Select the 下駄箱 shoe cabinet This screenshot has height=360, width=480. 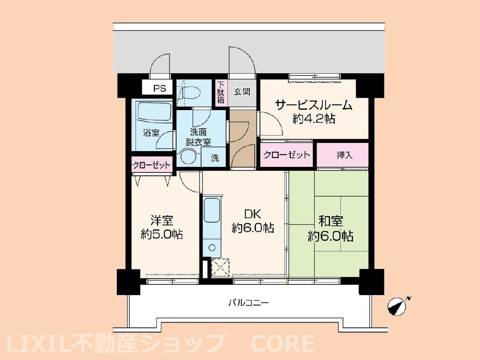(221, 92)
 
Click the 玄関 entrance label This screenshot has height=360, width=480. (242, 91)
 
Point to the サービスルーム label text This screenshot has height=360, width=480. (314, 105)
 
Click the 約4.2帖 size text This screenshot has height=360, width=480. (314, 118)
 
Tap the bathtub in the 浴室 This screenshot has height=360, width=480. (154, 112)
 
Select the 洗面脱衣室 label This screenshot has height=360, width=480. (199, 137)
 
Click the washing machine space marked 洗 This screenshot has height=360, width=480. (214, 158)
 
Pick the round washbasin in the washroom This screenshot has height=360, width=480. (187, 157)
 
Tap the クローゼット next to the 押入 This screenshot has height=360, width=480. (286, 155)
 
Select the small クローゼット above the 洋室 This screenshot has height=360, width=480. (152, 165)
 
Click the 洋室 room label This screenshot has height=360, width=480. (161, 220)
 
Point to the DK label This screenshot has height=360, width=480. (253, 213)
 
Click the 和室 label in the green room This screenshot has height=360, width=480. (331, 221)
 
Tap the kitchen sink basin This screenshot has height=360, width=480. (212, 211)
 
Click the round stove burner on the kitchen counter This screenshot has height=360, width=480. (212, 247)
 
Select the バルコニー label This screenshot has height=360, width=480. (249, 303)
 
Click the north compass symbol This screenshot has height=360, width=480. (397, 306)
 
